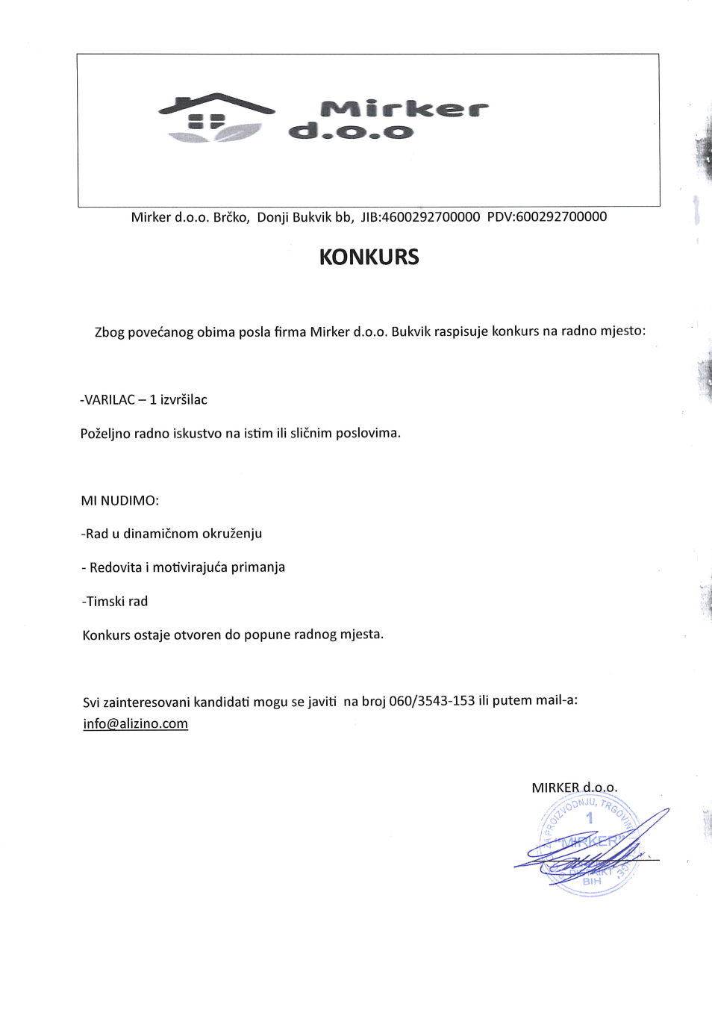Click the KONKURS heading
[369, 258]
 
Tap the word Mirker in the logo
[405, 109]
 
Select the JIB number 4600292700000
[431, 217]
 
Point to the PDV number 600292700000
[561, 216]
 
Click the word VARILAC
[110, 400]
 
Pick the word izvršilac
[184, 400]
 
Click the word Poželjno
[104, 434]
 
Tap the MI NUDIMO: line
[120, 501]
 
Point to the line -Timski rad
[115, 602]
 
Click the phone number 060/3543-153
[431, 701]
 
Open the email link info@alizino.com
[136, 724]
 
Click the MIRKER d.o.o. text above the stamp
[574, 788]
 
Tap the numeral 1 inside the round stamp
[590, 818]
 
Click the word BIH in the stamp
[592, 882]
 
